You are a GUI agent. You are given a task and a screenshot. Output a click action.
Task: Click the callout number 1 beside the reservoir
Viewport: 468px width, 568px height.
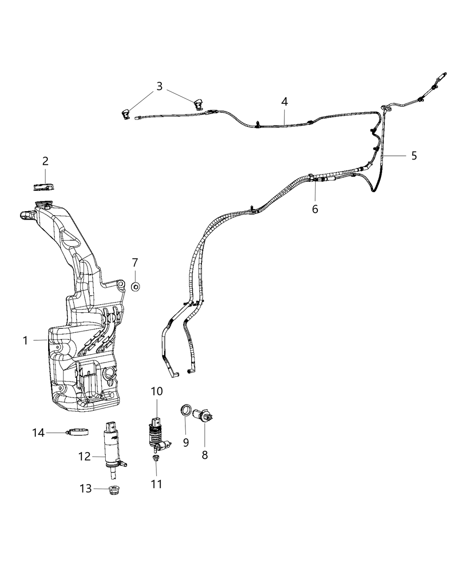[26, 341]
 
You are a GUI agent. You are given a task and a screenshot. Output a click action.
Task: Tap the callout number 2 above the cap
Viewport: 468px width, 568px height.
[45, 161]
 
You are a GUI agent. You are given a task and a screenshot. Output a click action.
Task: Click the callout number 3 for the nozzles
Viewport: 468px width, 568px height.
[160, 86]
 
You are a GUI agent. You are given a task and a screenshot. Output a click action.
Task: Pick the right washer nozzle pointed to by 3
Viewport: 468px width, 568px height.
[198, 105]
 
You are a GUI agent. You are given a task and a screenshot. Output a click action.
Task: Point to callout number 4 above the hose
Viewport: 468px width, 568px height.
[284, 102]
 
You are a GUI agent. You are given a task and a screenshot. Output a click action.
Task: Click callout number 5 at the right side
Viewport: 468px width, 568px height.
[414, 155]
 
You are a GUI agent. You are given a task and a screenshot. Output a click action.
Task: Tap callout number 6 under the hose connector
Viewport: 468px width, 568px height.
[315, 208]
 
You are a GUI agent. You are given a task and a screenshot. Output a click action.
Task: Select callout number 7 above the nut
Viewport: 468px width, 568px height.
[135, 263]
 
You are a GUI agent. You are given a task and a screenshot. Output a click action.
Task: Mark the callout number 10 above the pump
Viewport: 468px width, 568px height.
[157, 392]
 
